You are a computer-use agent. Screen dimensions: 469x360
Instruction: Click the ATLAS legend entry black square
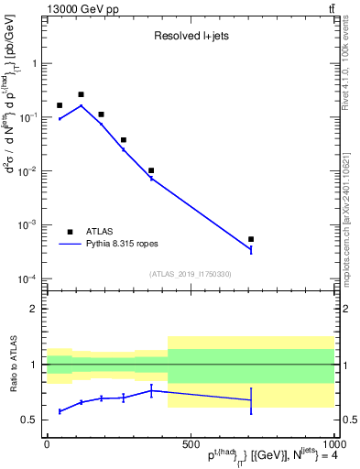coord(70,232)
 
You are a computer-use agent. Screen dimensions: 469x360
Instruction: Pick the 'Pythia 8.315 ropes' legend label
coord(129,245)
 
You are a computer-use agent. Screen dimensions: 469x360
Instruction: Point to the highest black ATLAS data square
coord(81,94)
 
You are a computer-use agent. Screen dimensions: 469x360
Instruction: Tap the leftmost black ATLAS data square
coord(60,106)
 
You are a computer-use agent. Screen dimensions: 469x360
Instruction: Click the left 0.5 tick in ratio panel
coord(32,420)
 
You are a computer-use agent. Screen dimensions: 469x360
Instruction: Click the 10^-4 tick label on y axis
coord(29,278)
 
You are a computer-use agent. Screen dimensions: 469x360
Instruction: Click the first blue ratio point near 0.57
coord(60,411)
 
